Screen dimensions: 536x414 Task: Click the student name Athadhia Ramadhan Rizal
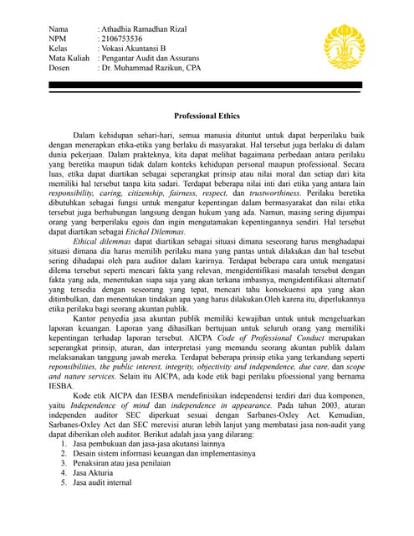click(x=144, y=29)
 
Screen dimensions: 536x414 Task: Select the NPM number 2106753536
click(x=122, y=39)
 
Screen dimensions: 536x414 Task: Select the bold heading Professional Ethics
click(x=206, y=115)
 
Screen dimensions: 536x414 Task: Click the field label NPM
click(x=59, y=39)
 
